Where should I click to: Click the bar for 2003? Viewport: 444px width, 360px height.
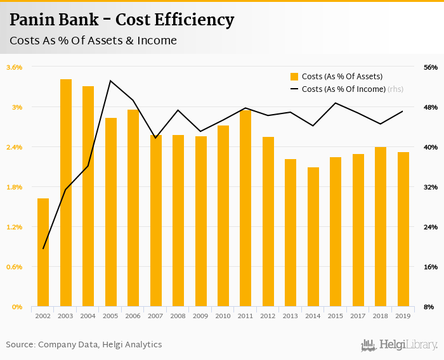pos(66,193)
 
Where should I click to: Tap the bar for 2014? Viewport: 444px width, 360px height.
pos(313,237)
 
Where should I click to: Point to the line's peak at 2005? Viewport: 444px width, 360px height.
pos(110,80)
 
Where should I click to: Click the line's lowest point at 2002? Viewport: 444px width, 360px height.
pos(43,248)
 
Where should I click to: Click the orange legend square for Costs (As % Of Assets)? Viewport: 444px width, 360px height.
pos(294,77)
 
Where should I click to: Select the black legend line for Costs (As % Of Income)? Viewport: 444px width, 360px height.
pos(294,89)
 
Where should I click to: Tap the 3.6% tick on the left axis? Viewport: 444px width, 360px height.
pos(14,67)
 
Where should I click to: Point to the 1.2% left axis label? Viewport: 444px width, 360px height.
pos(14,227)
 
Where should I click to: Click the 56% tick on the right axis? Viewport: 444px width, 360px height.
pos(430,67)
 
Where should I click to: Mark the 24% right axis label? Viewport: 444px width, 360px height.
pos(430,227)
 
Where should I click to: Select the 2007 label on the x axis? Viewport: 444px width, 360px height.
pos(155,316)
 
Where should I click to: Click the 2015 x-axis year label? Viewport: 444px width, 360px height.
pos(336,316)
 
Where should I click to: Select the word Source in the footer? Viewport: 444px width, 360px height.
pos(20,345)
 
